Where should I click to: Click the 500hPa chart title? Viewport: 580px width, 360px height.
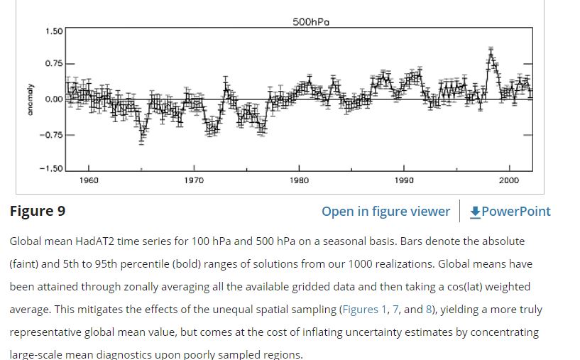[311, 22]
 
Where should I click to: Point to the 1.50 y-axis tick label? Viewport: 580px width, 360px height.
[54, 31]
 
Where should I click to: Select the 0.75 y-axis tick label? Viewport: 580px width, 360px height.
[54, 64]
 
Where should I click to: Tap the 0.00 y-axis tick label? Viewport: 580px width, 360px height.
[54, 99]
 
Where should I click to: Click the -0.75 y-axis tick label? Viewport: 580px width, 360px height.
[52, 134]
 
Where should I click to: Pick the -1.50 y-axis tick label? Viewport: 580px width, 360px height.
[52, 168]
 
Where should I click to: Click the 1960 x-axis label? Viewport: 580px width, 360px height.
[89, 180]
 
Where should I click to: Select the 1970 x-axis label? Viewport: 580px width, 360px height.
[194, 180]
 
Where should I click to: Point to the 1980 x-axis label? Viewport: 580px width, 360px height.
[299, 180]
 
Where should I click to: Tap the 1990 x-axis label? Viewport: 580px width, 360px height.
[404, 180]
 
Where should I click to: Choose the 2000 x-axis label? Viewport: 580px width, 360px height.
[509, 180]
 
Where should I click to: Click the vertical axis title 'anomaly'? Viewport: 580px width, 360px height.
[30, 99]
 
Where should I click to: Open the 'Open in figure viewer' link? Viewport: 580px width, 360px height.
[385, 212]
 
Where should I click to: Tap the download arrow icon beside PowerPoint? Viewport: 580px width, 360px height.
[476, 212]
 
